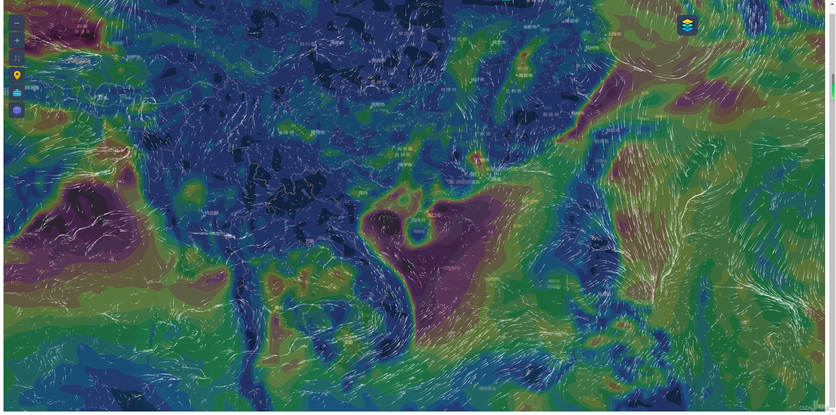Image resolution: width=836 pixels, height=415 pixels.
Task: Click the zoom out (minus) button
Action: pos(17,23)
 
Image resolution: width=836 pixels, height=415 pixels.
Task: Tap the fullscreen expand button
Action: pos(17,58)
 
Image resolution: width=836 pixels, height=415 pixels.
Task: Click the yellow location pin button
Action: pos(17,75)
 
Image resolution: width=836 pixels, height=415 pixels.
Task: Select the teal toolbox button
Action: pos(17,93)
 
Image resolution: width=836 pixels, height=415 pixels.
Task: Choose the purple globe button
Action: pos(17,110)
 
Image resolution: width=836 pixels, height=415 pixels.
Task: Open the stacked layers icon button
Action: pos(687,25)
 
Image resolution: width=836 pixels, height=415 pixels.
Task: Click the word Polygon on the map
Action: pos(79,61)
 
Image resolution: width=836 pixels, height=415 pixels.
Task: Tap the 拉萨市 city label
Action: pos(134,57)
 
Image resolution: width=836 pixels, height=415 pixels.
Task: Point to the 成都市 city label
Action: pos(337,43)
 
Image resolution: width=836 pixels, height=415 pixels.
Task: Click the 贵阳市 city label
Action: pos(378,105)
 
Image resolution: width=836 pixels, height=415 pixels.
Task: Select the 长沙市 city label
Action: pos(477,80)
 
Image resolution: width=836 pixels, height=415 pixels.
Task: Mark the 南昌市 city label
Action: pos(525,76)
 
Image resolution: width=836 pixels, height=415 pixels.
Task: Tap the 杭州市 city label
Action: pos(592,48)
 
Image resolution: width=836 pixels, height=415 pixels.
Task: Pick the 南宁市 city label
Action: pos(405,165)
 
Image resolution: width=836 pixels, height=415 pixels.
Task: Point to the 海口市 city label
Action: pos(434,215)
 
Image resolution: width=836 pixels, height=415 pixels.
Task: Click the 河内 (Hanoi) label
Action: pos(363,193)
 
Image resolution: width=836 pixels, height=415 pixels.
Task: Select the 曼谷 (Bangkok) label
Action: pos(279,307)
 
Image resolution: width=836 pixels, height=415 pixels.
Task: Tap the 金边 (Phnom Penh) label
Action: pos(349,342)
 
